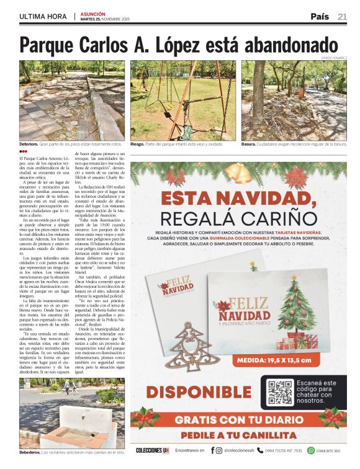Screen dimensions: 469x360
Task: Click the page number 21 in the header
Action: click(342, 17)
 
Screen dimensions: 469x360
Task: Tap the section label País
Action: click(320, 17)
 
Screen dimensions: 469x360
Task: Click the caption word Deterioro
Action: click(29, 144)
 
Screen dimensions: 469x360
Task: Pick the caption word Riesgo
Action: click(137, 144)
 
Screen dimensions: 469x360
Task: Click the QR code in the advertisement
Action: click(280, 392)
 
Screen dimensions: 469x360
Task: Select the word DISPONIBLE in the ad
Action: click(190, 393)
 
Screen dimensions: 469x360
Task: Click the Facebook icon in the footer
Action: click(212, 450)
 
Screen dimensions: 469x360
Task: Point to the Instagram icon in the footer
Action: click(219, 450)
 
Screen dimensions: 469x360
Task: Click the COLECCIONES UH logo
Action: click(152, 450)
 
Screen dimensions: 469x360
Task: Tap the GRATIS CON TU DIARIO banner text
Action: click(238, 419)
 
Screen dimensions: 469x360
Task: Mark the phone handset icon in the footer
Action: click(261, 450)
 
